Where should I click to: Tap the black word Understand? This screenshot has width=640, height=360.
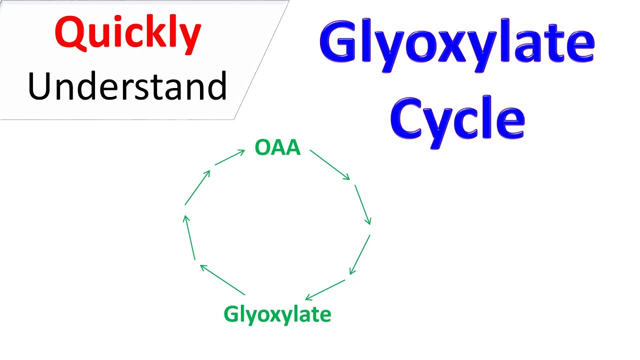pyautogui.click(x=127, y=86)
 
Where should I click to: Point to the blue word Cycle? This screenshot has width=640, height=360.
pyautogui.click(x=457, y=117)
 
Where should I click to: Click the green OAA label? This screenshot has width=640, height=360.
pyautogui.click(x=277, y=148)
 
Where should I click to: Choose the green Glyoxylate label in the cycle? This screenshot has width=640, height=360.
pyautogui.click(x=277, y=314)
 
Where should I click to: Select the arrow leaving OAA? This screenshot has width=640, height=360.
pyautogui.click(x=330, y=164)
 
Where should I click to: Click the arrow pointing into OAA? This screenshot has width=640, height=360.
pyautogui.click(x=230, y=157)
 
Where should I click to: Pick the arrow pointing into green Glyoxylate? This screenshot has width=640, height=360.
pyautogui.click(x=325, y=290)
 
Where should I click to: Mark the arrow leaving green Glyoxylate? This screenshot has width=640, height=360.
pyautogui.click(x=222, y=280)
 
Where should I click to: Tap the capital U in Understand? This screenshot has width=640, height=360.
pyautogui.click(x=40, y=86)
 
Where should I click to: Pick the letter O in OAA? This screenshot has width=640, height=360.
pyautogui.click(x=262, y=148)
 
